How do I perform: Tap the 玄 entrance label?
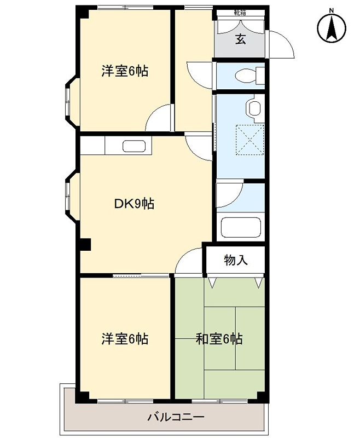click(240, 39)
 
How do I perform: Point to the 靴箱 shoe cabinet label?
click(240, 13)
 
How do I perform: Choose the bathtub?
click(241, 227)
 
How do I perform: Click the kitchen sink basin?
click(133, 146)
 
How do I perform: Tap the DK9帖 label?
click(134, 204)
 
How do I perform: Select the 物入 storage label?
click(236, 260)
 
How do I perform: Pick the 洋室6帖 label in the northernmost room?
click(125, 71)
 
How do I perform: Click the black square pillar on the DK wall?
click(85, 245)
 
